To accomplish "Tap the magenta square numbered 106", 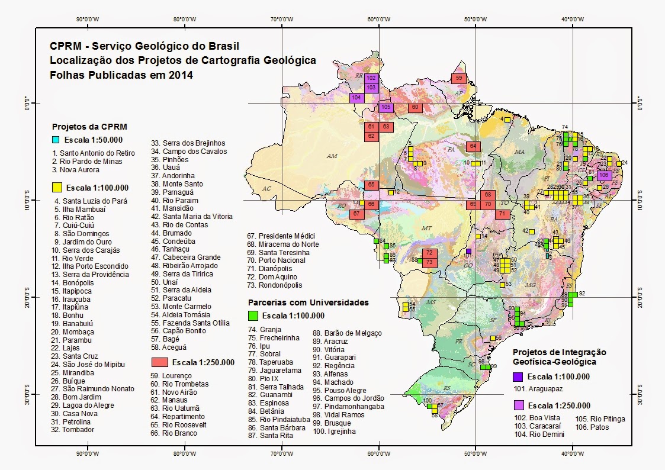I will (x=604, y=176).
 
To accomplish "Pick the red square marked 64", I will (x=474, y=147).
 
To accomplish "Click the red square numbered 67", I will (x=356, y=214).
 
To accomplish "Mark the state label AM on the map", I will (x=332, y=156).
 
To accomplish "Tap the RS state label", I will (x=432, y=388).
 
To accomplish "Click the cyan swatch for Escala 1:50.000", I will (x=56, y=140).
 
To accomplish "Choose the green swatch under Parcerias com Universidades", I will (x=253, y=315).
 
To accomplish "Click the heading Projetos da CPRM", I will (x=89, y=127).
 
